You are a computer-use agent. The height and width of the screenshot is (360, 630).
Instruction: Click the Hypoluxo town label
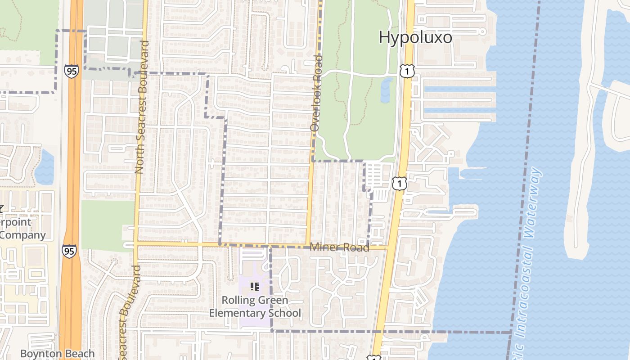415,37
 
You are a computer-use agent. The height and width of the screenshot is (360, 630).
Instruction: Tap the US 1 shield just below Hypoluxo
406,71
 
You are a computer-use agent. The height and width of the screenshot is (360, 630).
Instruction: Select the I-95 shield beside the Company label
69,251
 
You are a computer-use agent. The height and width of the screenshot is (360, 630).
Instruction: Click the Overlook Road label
317,93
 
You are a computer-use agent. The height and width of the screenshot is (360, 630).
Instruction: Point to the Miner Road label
339,247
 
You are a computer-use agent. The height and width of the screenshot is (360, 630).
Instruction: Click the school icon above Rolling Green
255,286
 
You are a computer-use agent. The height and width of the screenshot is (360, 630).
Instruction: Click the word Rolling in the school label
238,300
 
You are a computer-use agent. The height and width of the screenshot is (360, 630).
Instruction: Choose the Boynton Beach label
58,354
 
